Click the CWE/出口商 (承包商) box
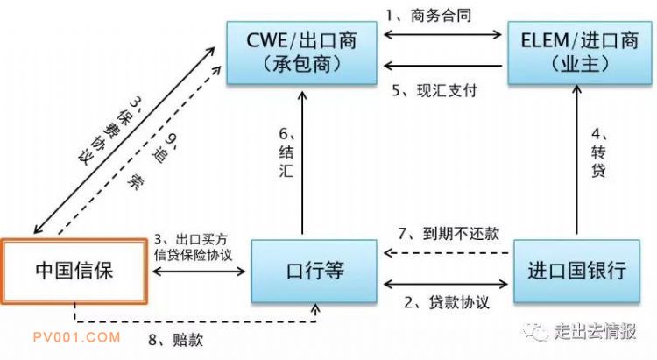pyautogui.click(x=301, y=53)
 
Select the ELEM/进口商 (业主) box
pyautogui.click(x=580, y=53)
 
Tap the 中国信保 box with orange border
pyautogui.click(x=74, y=271)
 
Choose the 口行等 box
pyautogui.click(x=314, y=271)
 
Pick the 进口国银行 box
pyautogui.click(x=577, y=271)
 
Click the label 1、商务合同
pyautogui.click(x=428, y=16)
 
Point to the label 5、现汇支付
pyautogui.click(x=434, y=90)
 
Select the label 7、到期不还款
pyautogui.click(x=449, y=234)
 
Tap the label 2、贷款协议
pyautogui.click(x=447, y=302)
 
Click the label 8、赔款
pyautogui.click(x=176, y=339)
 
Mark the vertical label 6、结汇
pyautogui.click(x=286, y=152)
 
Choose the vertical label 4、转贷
pyautogui.click(x=599, y=152)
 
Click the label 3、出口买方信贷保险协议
pyautogui.click(x=193, y=247)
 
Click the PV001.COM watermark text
pyautogui.click(x=77, y=337)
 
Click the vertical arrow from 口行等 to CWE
pyautogui.click(x=302, y=163)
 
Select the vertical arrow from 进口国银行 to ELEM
pyautogui.click(x=577, y=159)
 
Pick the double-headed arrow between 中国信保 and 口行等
pyautogui.click(x=199, y=272)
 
